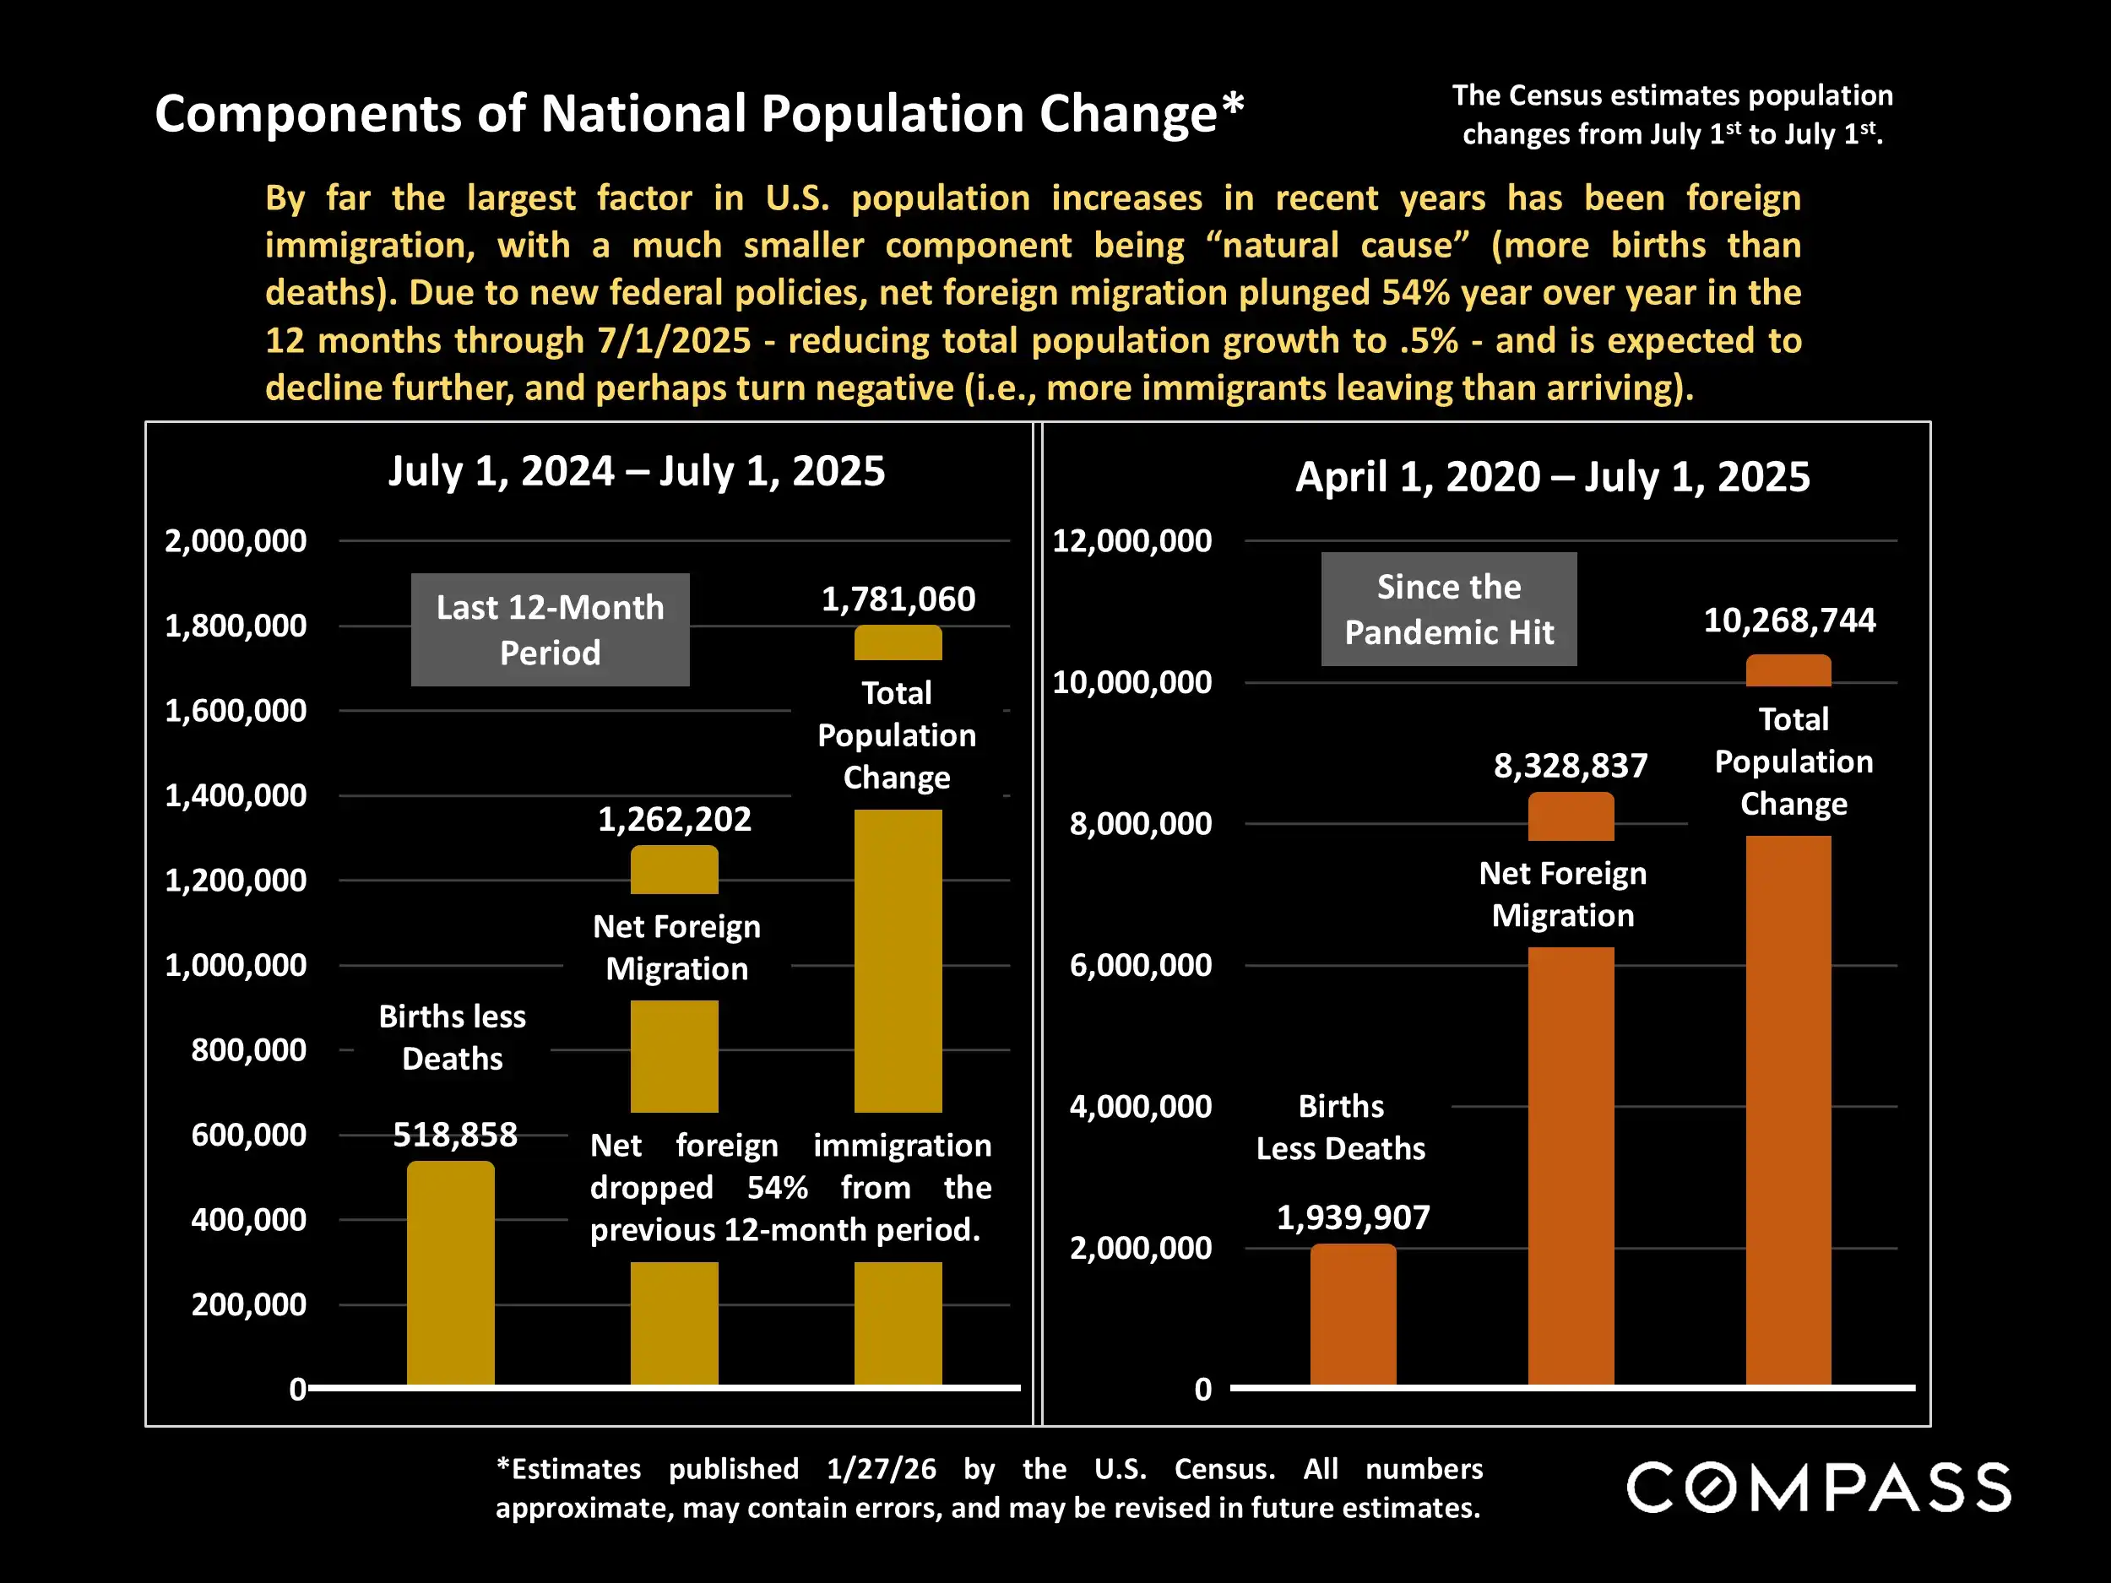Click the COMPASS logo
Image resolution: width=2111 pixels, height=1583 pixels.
point(1819,1488)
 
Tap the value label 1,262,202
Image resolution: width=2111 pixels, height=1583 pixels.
point(674,820)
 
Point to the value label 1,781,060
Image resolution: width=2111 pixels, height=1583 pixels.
point(898,599)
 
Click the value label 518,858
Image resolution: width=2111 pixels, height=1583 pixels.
point(455,1135)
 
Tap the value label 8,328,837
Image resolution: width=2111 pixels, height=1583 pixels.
point(1570,765)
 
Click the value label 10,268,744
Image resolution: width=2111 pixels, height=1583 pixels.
point(1789,621)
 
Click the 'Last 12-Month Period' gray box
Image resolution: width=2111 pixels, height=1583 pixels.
point(550,630)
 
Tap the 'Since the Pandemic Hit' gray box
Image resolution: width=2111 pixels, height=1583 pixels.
point(1448,609)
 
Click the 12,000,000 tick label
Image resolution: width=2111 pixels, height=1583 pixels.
point(1131,541)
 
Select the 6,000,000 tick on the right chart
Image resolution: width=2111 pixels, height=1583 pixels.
point(1141,966)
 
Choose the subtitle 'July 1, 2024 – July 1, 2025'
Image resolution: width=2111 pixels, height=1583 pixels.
point(637,471)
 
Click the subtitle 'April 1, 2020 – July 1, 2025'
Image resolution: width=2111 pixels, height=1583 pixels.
point(1552,477)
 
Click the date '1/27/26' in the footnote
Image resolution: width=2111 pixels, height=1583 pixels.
point(881,1468)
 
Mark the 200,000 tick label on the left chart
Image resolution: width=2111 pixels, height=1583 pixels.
point(248,1304)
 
